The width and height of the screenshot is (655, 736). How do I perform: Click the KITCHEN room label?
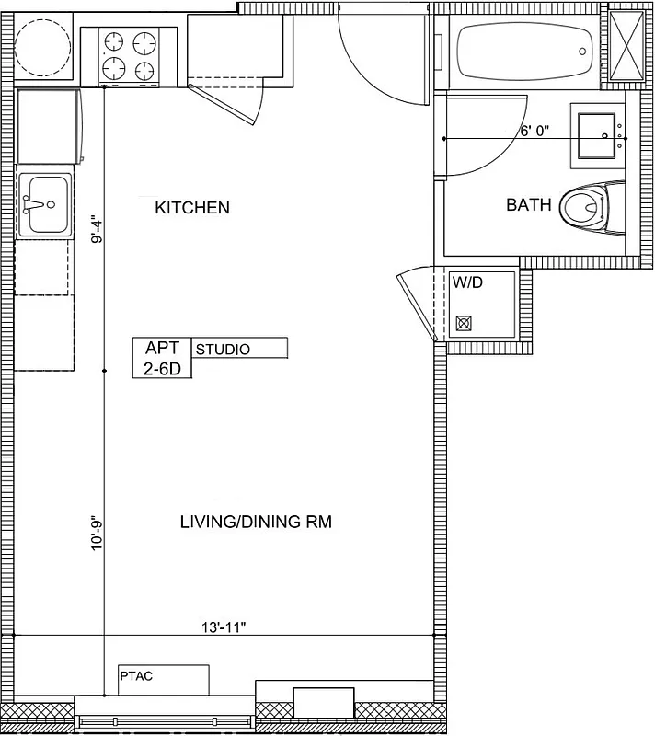point(191,208)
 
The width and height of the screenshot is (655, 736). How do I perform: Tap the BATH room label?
point(529,205)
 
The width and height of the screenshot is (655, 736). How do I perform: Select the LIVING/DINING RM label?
point(255,523)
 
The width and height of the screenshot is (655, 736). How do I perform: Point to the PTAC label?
point(135,676)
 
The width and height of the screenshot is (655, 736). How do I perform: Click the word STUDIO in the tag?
point(223,350)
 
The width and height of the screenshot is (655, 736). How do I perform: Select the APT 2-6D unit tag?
point(161,358)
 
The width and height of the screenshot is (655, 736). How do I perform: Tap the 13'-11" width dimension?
point(224,627)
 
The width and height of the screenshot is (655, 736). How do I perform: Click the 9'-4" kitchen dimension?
point(96,229)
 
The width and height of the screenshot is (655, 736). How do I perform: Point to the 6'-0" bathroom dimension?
point(534,131)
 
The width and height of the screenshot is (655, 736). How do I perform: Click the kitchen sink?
point(44,203)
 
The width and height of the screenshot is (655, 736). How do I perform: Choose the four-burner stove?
point(129,55)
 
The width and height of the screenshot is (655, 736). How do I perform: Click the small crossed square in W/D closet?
point(464,323)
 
